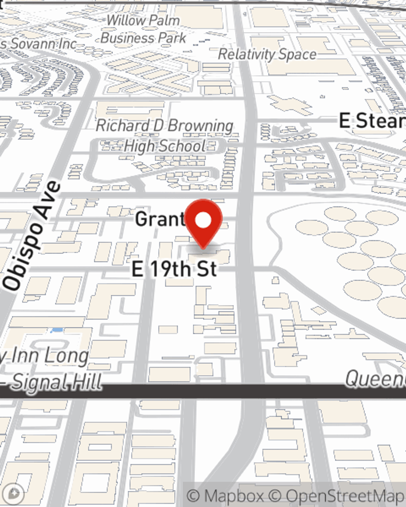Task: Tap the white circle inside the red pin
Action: [x=203, y=221]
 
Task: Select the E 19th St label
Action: [x=175, y=269]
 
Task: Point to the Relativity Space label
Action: [x=267, y=54]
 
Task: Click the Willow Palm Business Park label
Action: [x=143, y=29]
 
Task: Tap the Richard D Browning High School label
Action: [x=165, y=135]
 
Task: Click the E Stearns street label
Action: [x=371, y=121]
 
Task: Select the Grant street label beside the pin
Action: [x=160, y=219]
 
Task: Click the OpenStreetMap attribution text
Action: [x=345, y=496]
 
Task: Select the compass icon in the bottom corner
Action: [x=13, y=494]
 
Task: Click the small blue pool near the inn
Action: [x=57, y=330]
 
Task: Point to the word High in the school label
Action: [x=140, y=146]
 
